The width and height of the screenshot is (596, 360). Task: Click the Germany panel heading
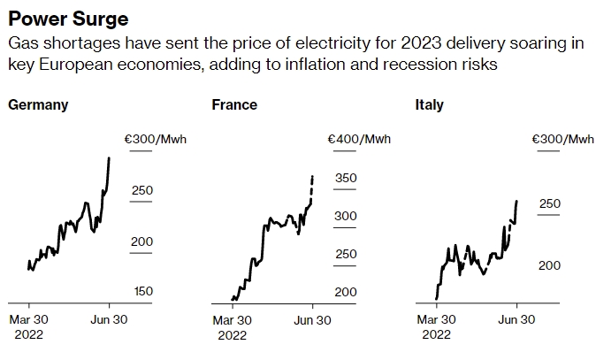click(38, 105)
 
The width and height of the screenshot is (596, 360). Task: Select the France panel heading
click(234, 105)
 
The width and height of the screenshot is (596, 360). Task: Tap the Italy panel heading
click(430, 105)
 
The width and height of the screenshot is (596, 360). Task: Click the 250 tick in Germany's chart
click(142, 190)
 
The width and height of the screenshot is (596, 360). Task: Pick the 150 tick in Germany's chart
click(142, 292)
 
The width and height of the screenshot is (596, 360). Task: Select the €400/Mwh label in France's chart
click(359, 139)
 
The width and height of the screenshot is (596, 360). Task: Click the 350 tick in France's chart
click(346, 179)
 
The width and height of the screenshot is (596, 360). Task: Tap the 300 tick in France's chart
click(346, 216)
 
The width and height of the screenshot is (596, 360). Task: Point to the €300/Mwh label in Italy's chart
click(563, 139)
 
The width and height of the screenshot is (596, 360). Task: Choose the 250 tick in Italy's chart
click(550, 204)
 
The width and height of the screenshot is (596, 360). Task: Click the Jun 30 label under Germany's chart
click(109, 320)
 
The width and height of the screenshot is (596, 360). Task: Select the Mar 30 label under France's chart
click(233, 320)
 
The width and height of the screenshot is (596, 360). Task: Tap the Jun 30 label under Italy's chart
click(516, 320)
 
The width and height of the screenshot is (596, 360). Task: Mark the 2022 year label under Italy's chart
click(436, 335)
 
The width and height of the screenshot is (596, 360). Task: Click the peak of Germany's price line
click(109, 157)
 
